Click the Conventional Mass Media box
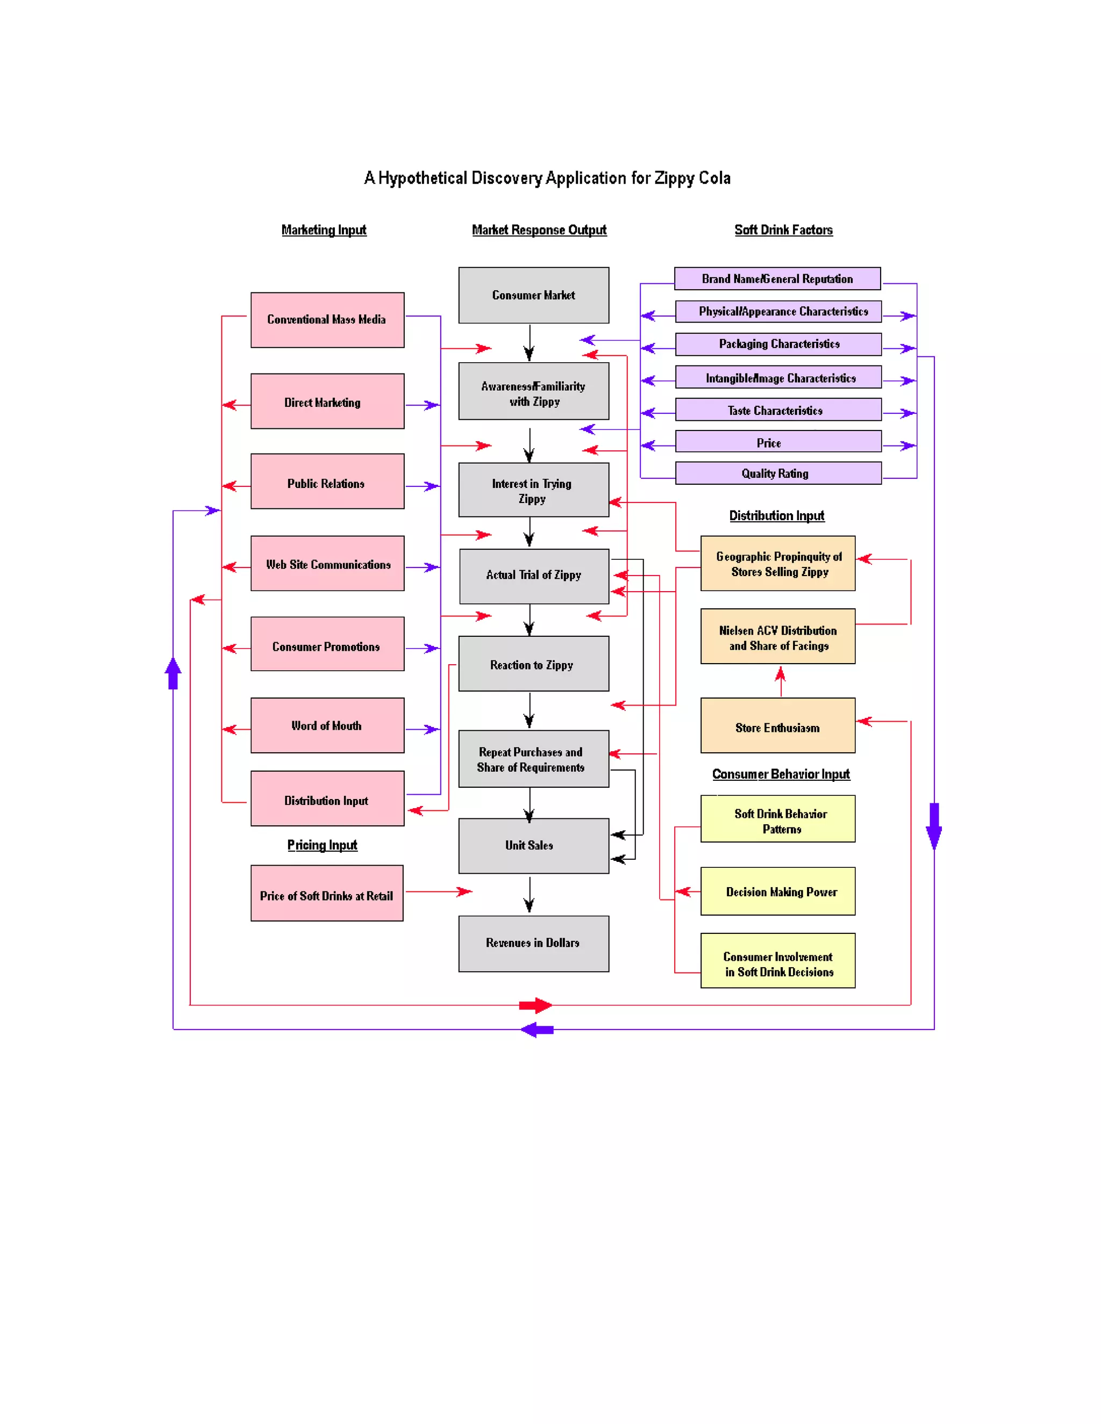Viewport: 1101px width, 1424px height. (x=327, y=320)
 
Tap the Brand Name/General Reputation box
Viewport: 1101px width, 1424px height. (x=776, y=278)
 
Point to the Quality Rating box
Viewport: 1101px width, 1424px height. (x=777, y=473)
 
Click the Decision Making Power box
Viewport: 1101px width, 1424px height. (x=777, y=891)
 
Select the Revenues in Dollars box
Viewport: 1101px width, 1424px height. (x=533, y=944)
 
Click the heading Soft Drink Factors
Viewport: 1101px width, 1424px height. (x=783, y=229)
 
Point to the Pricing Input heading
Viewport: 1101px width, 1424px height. (x=321, y=845)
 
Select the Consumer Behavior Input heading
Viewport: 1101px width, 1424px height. (x=780, y=774)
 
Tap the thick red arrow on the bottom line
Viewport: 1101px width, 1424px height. (x=535, y=1005)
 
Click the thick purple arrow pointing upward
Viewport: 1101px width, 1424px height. (x=173, y=673)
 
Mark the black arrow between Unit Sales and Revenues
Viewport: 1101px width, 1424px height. (x=529, y=895)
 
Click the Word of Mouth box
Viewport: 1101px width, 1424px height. (x=327, y=725)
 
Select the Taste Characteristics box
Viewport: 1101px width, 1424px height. (x=777, y=410)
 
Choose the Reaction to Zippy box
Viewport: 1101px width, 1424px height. (x=533, y=664)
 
